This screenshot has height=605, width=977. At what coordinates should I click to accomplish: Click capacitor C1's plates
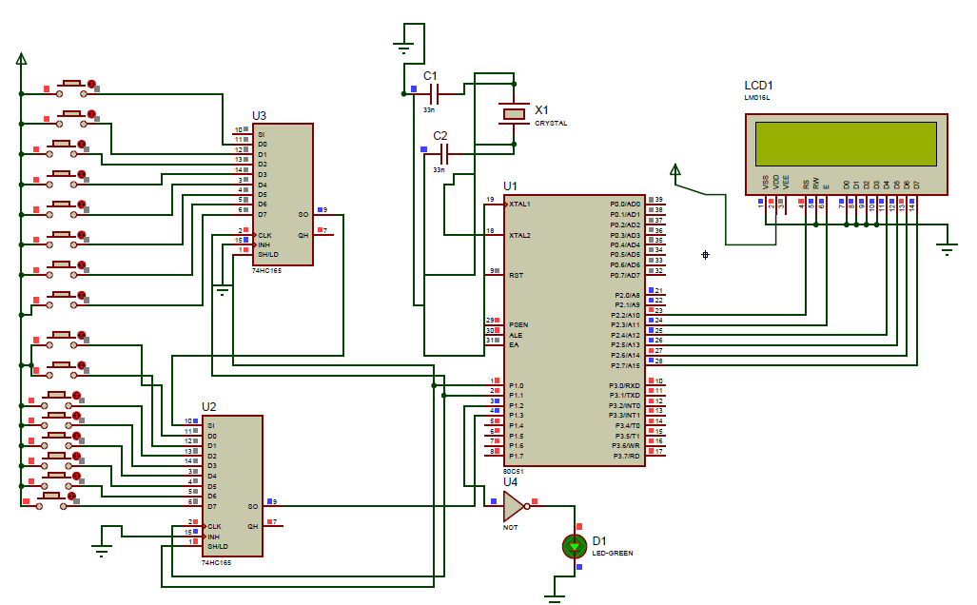pyautogui.click(x=434, y=93)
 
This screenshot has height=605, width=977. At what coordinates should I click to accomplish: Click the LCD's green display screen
pyautogui.click(x=847, y=144)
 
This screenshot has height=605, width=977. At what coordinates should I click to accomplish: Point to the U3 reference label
pyautogui.click(x=259, y=116)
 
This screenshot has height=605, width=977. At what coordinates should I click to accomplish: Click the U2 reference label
pyautogui.click(x=209, y=407)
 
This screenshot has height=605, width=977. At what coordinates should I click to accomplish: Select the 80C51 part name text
pyautogui.click(x=515, y=472)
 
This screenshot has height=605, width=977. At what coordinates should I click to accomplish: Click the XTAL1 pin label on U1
pyautogui.click(x=519, y=204)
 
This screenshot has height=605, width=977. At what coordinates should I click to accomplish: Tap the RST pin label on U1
pyautogui.click(x=515, y=275)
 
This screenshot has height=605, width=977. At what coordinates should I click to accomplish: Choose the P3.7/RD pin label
pyautogui.click(x=625, y=456)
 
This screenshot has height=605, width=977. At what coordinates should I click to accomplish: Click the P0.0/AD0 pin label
pyautogui.click(x=625, y=204)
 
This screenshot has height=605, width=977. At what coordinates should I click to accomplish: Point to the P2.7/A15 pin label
pyautogui.click(x=625, y=365)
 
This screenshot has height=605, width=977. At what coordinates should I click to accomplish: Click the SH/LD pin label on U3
pyautogui.click(x=268, y=255)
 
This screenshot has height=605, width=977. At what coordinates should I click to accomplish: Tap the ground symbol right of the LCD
pyautogui.click(x=947, y=248)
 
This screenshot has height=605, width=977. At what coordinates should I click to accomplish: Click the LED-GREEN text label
pyautogui.click(x=613, y=553)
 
